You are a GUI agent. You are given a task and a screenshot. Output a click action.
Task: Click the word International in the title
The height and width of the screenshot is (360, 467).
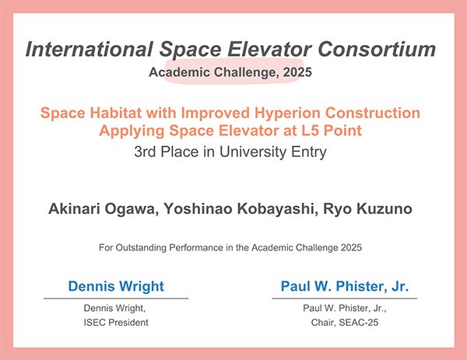90,49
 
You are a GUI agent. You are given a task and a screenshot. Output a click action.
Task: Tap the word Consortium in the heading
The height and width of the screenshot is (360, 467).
377,49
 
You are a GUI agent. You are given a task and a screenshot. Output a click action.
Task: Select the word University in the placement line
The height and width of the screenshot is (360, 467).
252,152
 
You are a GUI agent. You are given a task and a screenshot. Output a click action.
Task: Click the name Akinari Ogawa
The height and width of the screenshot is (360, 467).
104,209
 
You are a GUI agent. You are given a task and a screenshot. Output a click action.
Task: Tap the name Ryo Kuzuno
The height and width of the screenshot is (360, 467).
367,209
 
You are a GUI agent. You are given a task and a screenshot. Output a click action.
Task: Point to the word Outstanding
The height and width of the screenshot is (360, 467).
141,247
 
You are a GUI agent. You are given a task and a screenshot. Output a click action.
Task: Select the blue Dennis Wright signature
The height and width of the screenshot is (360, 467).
116,286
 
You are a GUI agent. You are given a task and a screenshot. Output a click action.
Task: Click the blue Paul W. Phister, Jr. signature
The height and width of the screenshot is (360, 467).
345,286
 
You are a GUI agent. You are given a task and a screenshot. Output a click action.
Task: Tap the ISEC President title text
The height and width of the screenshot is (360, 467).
116,322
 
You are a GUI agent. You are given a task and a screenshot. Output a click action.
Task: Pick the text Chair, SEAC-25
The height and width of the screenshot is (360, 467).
345,322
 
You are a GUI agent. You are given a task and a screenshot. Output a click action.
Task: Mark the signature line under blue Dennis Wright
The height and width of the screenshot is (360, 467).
116,298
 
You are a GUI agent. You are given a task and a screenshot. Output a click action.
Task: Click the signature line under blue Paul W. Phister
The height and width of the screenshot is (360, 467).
345,298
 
